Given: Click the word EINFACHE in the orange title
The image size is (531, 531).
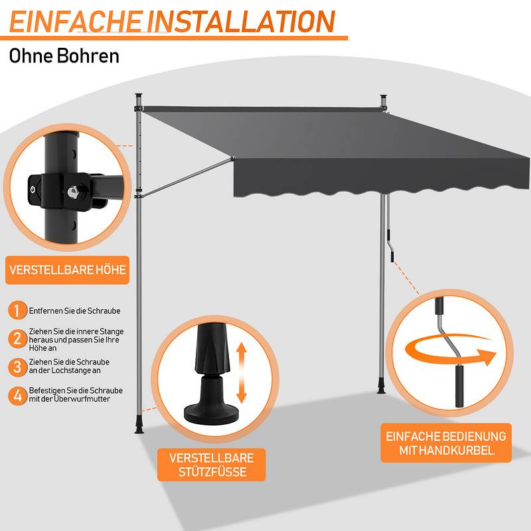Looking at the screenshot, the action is [x=75, y=21].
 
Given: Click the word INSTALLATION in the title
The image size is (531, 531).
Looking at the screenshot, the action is [x=241, y=21].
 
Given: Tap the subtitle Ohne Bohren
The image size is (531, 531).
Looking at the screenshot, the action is [x=64, y=56].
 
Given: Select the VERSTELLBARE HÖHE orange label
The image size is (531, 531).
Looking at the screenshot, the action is [x=68, y=270].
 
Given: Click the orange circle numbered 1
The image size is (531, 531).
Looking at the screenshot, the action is [x=18, y=310].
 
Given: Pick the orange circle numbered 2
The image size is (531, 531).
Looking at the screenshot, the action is [x=18, y=339].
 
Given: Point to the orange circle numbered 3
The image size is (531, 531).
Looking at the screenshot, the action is [x=18, y=368].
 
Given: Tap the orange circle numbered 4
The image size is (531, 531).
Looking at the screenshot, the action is [x=18, y=396].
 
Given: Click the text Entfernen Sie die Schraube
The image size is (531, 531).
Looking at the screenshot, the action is [x=74, y=311].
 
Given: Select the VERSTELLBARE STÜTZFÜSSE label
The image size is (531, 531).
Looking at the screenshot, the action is [x=212, y=465].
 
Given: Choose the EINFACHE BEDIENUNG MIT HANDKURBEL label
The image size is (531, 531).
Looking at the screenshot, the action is [x=446, y=443].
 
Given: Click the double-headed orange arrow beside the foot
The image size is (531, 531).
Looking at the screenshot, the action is [x=241, y=372].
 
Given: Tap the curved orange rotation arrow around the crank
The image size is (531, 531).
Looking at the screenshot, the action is [x=451, y=351].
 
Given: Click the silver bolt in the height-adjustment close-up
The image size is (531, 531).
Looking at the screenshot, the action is [x=73, y=192].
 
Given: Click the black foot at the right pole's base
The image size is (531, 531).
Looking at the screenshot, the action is [x=381, y=388].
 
